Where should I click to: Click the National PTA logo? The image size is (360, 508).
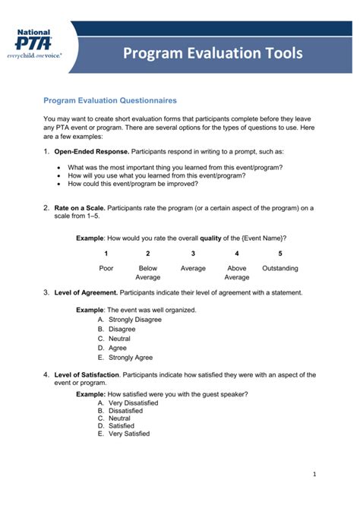[x=34, y=44]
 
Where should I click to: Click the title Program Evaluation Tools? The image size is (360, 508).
[x=213, y=52]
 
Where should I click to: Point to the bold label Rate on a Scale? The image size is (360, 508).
[x=79, y=207]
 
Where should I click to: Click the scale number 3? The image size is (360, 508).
[x=193, y=254]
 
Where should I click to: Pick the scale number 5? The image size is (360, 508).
[x=280, y=254]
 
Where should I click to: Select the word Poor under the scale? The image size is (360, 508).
[x=106, y=268]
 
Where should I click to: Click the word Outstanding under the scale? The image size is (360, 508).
[x=280, y=268]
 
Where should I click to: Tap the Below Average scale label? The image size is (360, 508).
[x=148, y=273]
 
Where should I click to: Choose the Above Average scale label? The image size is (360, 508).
[x=237, y=273]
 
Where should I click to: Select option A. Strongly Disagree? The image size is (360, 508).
[x=130, y=320]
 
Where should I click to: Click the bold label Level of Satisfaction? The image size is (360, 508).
[x=87, y=375]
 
